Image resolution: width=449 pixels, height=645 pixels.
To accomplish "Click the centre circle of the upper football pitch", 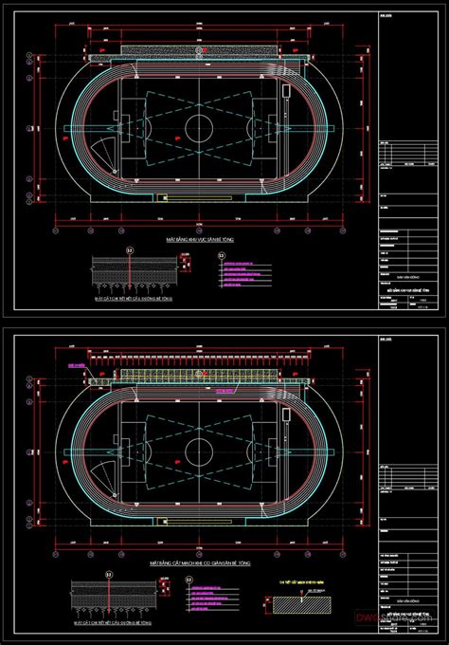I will click(199, 127).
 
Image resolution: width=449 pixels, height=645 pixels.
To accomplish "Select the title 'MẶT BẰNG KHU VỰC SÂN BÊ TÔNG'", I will click(199, 242).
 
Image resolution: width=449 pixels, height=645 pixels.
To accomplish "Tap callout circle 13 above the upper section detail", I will click(130, 250).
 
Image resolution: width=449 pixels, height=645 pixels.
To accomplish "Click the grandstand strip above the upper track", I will click(199, 48).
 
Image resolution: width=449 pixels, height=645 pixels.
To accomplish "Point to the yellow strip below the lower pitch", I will click(199, 518).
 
